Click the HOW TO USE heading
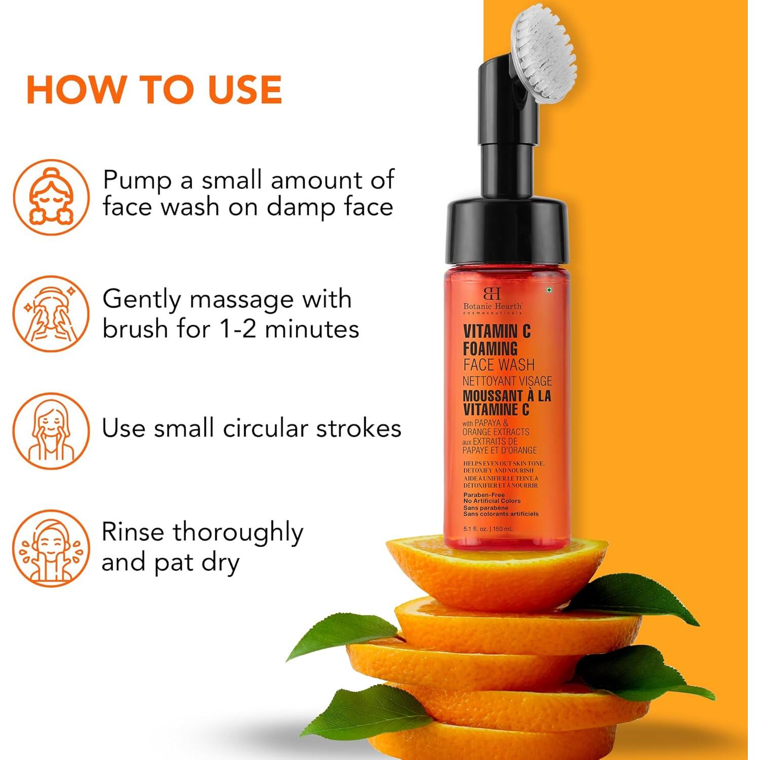tap(154, 90)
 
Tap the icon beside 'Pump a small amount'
tap(51, 197)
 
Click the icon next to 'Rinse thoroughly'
tap(51, 548)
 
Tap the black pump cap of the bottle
tap(506, 228)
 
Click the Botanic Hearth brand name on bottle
tap(492, 306)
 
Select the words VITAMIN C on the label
tap(497, 331)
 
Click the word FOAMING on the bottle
tap(490, 349)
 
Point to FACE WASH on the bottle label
tap(499, 365)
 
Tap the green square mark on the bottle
tap(549, 290)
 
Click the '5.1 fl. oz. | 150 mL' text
tap(488, 529)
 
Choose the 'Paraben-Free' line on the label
tap(484, 495)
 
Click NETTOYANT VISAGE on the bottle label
tap(507, 381)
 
